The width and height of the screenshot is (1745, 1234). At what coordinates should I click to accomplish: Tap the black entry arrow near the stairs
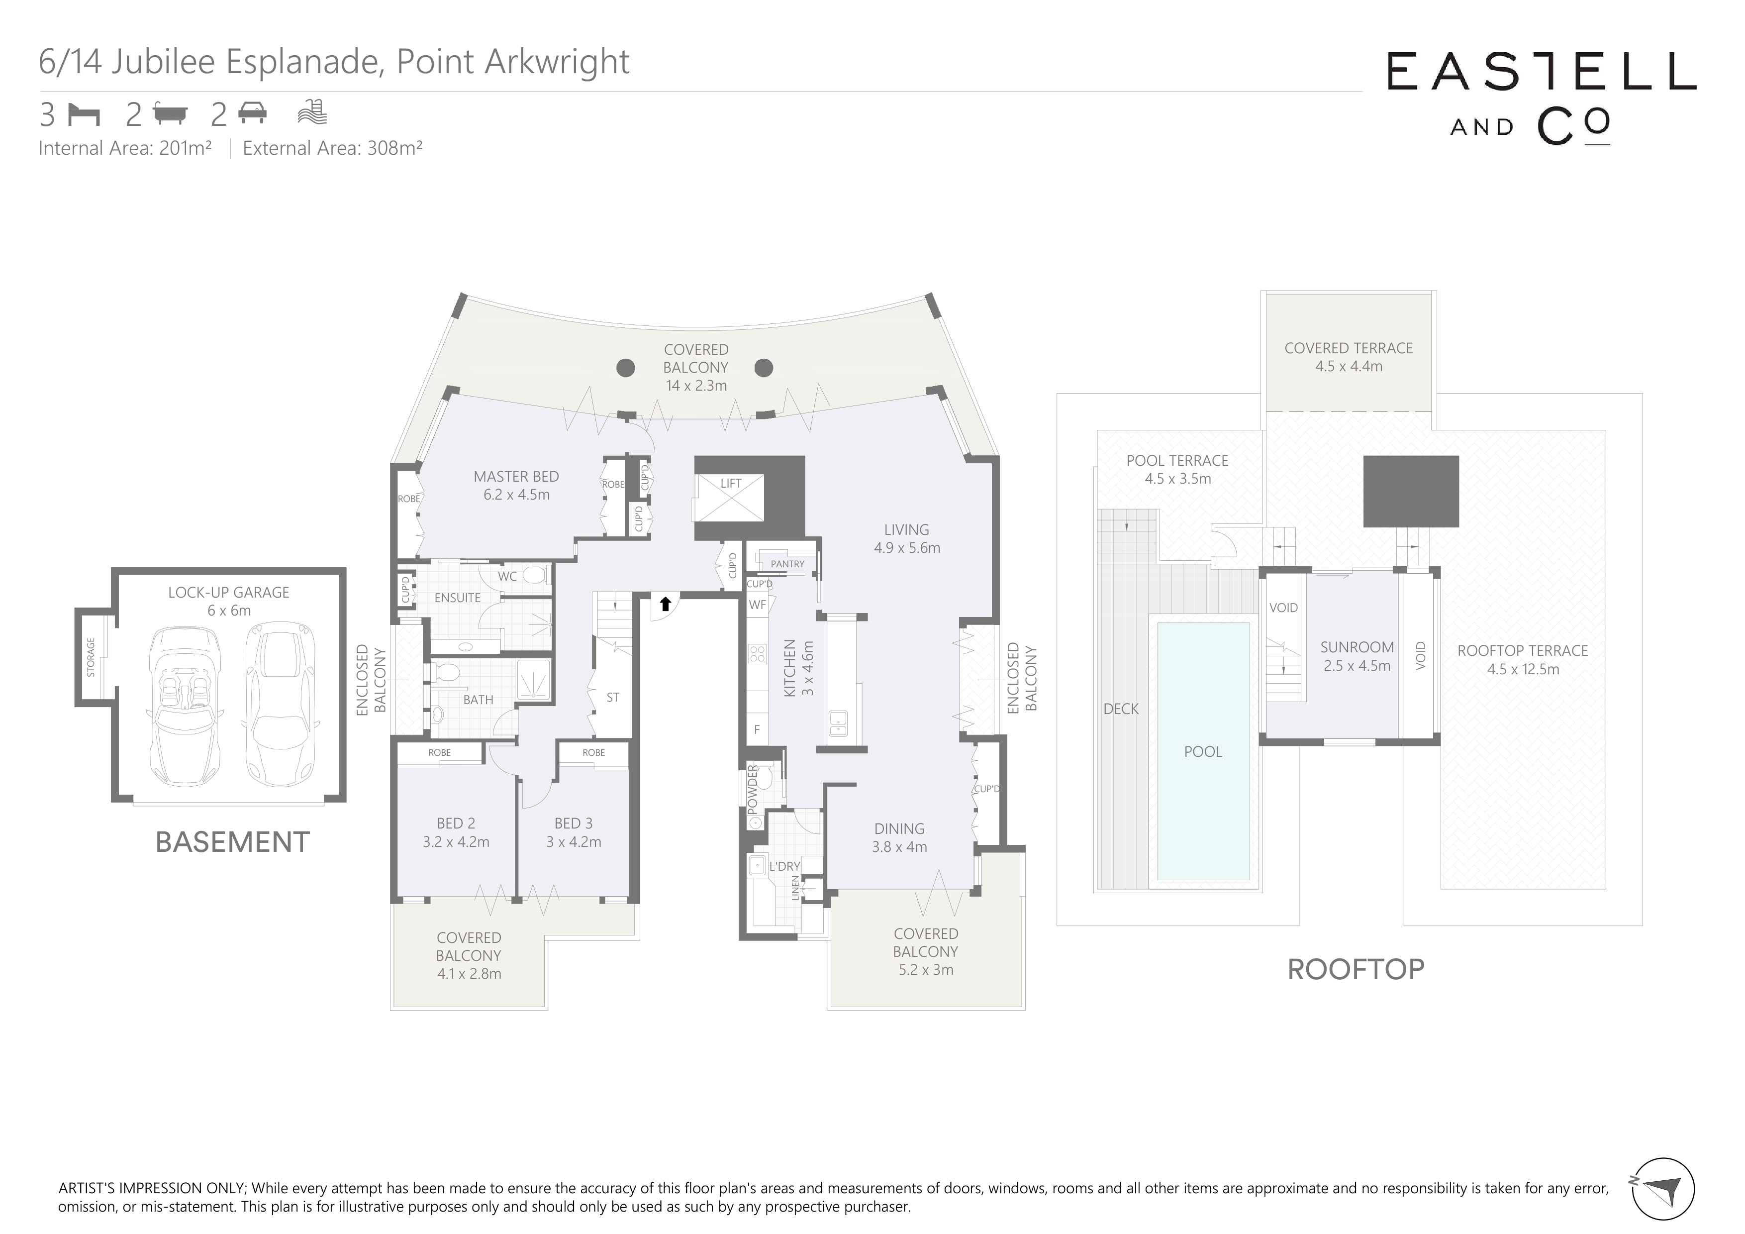point(665,604)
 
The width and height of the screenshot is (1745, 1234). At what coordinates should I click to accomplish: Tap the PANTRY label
point(787,564)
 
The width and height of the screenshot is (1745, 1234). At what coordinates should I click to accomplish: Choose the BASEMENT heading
point(233,842)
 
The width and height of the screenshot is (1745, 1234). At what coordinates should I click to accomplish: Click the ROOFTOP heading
point(1356,969)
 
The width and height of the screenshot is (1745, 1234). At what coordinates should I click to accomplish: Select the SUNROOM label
point(1357,647)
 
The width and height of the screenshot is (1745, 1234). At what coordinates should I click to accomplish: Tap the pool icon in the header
point(312,112)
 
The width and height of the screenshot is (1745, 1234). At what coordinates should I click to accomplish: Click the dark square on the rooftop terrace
point(1411,491)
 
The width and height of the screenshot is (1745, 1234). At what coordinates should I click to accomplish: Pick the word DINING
point(899,829)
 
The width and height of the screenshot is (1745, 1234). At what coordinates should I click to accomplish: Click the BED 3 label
point(573,823)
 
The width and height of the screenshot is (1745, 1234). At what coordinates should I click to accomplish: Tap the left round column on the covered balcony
point(625,368)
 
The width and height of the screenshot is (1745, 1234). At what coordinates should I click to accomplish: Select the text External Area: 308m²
point(332,148)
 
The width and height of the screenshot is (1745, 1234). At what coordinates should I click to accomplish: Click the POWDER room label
point(753,788)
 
